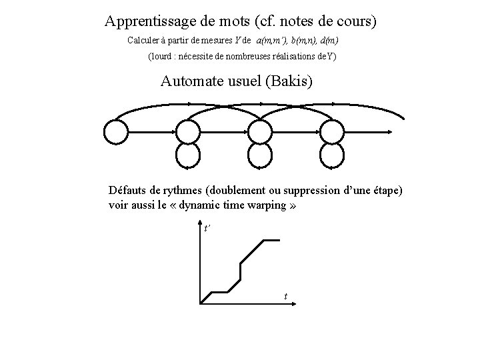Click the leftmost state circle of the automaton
[117, 131]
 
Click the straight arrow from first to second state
[152, 131]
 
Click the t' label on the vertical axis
[207, 229]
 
